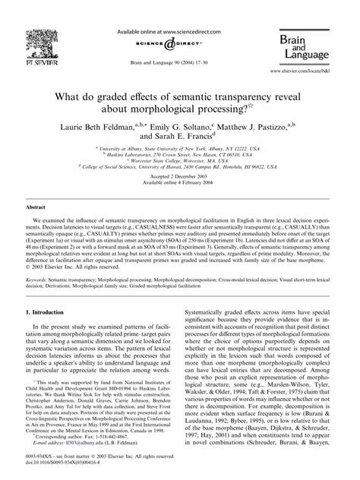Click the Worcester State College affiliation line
click(179, 162)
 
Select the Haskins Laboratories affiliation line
click(179, 155)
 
